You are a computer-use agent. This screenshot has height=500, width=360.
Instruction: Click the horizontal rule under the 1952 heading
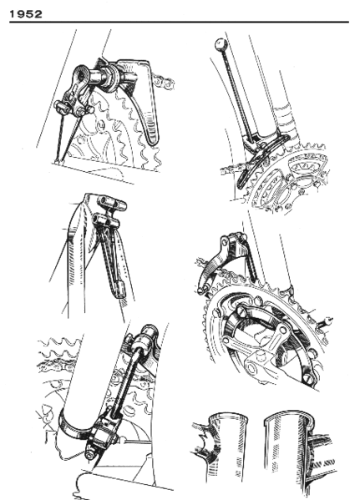pos(180,23)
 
